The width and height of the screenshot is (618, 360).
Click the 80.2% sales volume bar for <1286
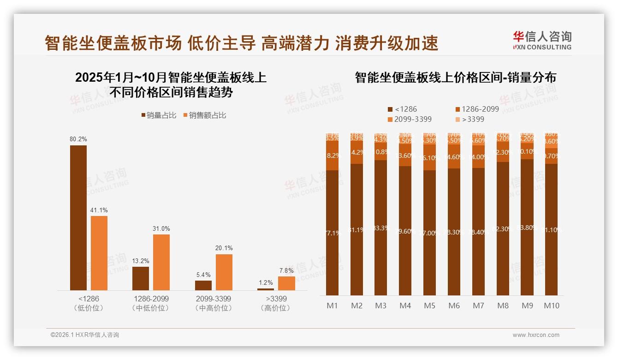click(x=78, y=218)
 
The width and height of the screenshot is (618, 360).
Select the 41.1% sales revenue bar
click(x=99, y=253)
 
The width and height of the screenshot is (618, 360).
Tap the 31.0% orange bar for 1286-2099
click(x=161, y=262)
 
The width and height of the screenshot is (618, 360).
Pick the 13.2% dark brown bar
click(x=141, y=278)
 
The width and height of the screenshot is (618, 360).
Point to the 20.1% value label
click(x=224, y=248)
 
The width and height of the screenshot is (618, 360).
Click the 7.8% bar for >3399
click(x=286, y=283)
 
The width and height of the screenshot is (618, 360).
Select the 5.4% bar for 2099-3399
click(x=203, y=285)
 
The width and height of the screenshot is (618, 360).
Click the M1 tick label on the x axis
click(x=333, y=306)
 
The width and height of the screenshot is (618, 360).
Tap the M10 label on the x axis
click(x=552, y=306)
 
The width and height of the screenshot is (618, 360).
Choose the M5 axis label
click(x=430, y=306)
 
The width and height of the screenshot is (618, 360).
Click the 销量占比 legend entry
click(x=159, y=115)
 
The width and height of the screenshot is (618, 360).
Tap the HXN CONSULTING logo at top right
click(x=542, y=40)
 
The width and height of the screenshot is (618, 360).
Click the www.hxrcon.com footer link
click(x=536, y=335)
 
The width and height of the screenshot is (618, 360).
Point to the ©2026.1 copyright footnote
click(x=84, y=335)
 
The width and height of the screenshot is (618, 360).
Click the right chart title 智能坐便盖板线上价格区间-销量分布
click(x=456, y=78)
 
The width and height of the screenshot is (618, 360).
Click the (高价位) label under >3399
click(x=276, y=308)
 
